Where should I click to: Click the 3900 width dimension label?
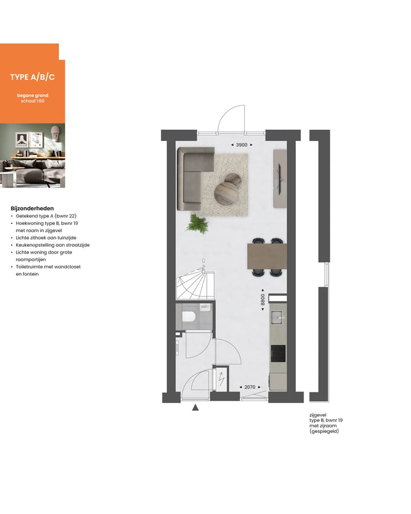point(241,145)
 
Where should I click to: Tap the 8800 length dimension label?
point(263,300)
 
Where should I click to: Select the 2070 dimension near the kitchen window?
point(249,387)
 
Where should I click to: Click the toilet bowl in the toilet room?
point(189,317)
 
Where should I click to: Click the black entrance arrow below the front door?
point(195,408)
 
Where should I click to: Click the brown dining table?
point(266,256)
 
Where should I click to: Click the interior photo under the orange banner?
point(32,156)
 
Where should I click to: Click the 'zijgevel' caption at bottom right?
point(317,416)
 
